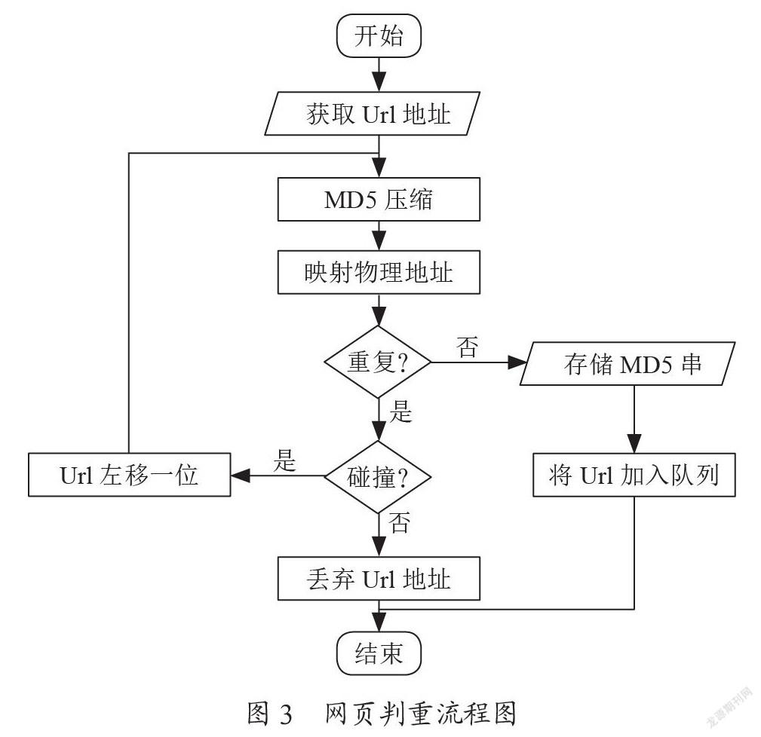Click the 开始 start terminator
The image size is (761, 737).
coord(379,36)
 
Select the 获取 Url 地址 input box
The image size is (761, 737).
coord(373,114)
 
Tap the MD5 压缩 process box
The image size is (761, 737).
coord(379,199)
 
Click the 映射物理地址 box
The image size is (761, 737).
coord(379,272)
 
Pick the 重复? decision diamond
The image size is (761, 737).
coord(378,362)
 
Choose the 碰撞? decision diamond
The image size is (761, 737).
coord(378,476)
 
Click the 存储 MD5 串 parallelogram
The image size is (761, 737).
coord(628,364)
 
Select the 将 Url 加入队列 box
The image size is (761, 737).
coord(634,475)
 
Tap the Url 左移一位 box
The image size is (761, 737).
coord(129,475)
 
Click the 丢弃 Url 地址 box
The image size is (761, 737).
coord(379,579)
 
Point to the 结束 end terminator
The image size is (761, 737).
coord(379,653)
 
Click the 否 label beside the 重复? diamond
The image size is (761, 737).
coord(468,347)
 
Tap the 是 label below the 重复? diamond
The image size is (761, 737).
coord(401,411)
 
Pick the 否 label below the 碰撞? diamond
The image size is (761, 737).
coord(400,523)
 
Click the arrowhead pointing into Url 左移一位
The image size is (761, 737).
coord(241,476)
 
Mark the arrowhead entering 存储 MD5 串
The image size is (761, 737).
coord(517,362)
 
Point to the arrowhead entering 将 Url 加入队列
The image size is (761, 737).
coord(634,443)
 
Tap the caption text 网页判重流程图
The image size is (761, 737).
coord(420,714)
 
